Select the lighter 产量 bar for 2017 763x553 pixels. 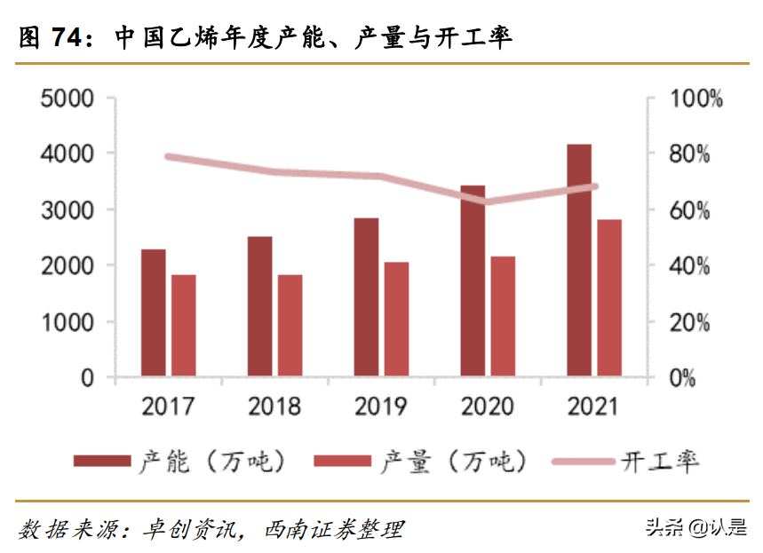(x=183, y=326)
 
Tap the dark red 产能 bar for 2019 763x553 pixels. (x=366, y=297)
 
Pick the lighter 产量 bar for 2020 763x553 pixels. (x=503, y=317)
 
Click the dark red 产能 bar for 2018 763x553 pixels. (x=259, y=306)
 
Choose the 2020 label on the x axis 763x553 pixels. (x=488, y=407)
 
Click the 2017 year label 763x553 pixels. (x=168, y=407)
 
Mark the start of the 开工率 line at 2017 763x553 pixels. (x=169, y=157)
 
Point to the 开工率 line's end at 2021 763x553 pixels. (x=594, y=186)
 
